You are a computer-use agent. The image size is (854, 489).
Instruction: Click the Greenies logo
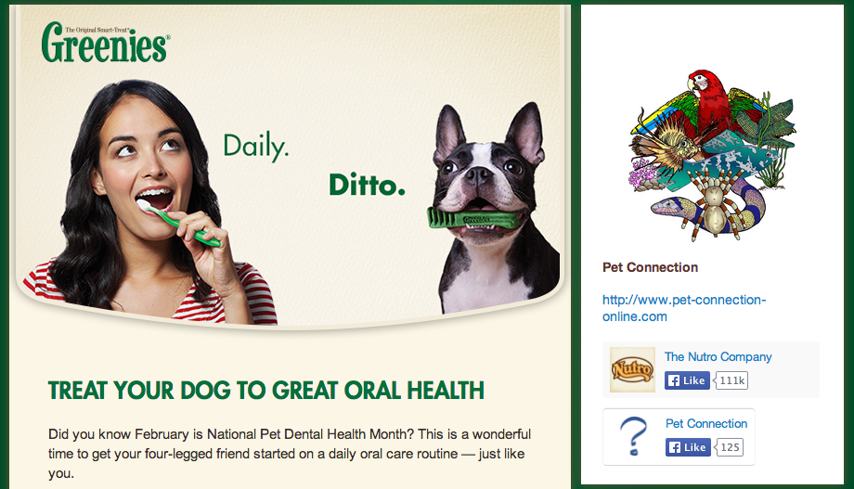click(105, 43)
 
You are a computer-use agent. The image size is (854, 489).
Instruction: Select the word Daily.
click(255, 146)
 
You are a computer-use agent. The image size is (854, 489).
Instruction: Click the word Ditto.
click(367, 186)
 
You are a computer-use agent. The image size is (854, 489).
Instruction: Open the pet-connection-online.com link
click(684, 308)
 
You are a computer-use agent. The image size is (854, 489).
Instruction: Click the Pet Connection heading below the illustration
click(650, 267)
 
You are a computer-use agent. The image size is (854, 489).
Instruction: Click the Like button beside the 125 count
click(687, 447)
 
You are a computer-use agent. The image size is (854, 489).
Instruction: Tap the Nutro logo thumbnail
click(632, 369)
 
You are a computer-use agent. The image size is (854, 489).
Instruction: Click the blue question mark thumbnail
click(632, 436)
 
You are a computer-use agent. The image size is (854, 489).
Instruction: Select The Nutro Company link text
click(718, 356)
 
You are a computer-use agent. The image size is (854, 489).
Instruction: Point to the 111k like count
click(732, 380)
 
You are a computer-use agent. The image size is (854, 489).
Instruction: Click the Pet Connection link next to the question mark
click(706, 423)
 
